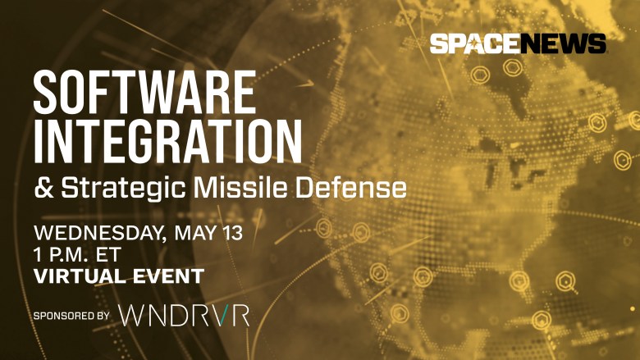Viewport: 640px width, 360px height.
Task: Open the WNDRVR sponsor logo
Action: pos(184,315)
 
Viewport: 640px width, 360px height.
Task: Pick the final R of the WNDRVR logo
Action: pos(240,315)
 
